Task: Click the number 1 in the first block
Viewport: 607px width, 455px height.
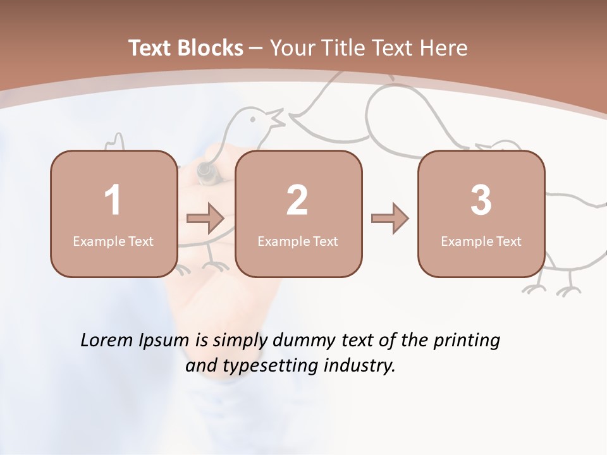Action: click(113, 200)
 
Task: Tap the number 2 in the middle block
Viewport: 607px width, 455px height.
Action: click(297, 200)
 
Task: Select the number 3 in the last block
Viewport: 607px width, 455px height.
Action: click(481, 200)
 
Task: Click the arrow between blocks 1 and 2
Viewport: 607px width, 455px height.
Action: click(205, 219)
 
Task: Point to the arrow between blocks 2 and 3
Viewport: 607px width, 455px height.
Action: click(390, 219)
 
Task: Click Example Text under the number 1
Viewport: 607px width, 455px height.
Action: click(113, 241)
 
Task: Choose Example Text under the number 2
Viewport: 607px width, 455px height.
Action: click(298, 241)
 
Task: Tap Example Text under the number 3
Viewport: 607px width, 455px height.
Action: click(481, 241)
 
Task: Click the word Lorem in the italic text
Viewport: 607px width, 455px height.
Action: click(104, 340)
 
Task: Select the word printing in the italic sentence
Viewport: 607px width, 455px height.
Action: click(467, 340)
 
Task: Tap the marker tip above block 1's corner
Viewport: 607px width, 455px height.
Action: click(205, 171)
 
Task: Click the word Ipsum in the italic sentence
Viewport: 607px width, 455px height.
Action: click(164, 340)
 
